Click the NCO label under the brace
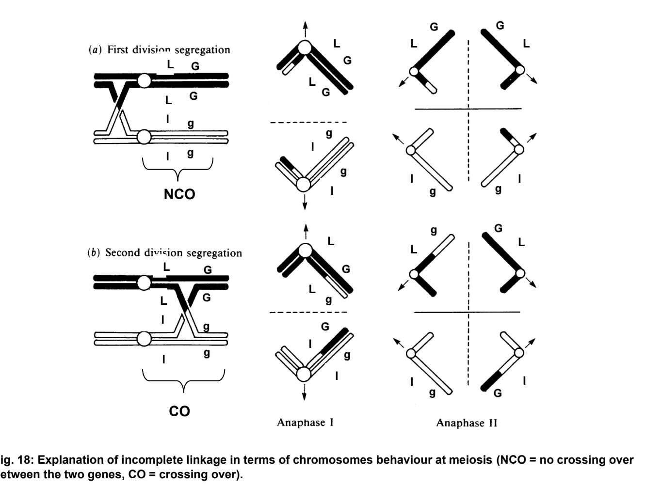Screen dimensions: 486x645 pyautogui.click(x=179, y=194)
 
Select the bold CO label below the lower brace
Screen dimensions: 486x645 pyautogui.click(x=179, y=411)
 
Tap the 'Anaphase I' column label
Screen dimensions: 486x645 pyautogui.click(x=305, y=423)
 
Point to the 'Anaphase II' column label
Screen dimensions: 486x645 pyautogui.click(x=467, y=423)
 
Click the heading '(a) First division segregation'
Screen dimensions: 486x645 pyautogui.click(x=168, y=49)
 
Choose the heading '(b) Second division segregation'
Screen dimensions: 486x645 pyautogui.click(x=173, y=252)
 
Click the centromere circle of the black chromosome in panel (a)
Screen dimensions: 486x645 pyautogui.click(x=144, y=80)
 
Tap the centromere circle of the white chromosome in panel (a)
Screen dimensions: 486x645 pyautogui.click(x=144, y=137)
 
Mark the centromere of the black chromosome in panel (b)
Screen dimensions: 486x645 pyautogui.click(x=144, y=282)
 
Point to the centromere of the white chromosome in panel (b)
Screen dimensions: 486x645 pyautogui.click(x=144, y=339)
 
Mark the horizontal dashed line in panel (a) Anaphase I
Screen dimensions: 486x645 pyautogui.click(x=308, y=122)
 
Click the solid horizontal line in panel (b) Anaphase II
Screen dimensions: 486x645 pyautogui.click(x=467, y=312)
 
